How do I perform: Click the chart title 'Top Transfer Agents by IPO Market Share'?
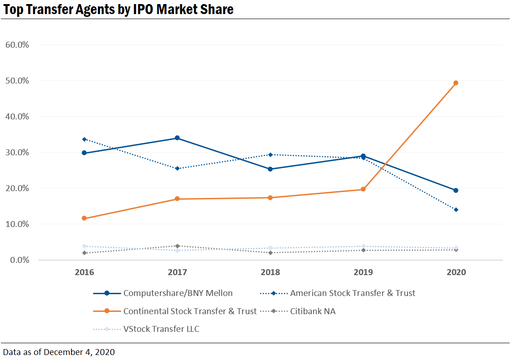tap(118, 9)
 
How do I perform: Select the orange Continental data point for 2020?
tap(456, 83)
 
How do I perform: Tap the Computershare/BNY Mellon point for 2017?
tap(177, 138)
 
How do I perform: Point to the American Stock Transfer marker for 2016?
tap(84, 139)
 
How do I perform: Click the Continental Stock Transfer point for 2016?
tap(84, 218)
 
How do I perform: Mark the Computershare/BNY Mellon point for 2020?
tap(456, 191)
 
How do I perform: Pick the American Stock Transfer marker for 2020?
tap(456, 210)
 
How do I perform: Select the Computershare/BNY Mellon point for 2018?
tap(270, 169)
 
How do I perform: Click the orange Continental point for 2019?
tap(363, 189)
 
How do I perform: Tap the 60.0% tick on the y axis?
tap(18, 45)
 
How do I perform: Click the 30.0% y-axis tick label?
tap(18, 153)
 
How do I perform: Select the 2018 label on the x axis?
tap(270, 272)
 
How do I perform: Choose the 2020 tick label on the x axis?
tap(456, 272)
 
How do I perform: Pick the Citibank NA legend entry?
tap(313, 311)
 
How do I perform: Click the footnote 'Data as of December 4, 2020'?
tap(59, 352)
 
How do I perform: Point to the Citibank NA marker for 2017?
tap(177, 246)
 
